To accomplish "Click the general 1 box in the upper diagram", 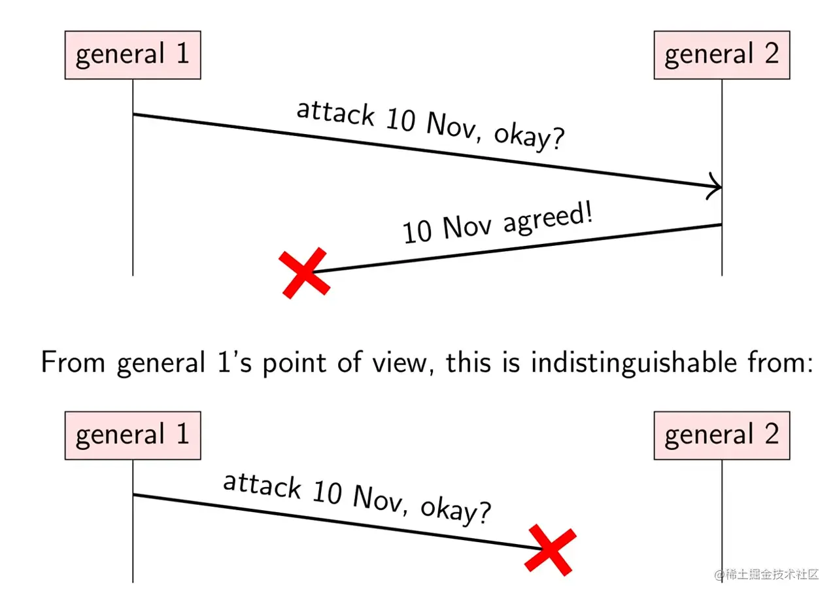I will click(132, 55).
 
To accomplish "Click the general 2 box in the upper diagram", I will click(721, 55).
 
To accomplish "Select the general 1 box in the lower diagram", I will click(132, 435).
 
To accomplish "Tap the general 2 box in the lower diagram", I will click(721, 435).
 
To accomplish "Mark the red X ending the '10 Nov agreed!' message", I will click(304, 273).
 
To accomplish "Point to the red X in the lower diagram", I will click(551, 549).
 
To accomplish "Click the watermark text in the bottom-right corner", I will click(766, 575).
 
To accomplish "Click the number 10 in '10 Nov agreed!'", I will click(417, 233).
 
